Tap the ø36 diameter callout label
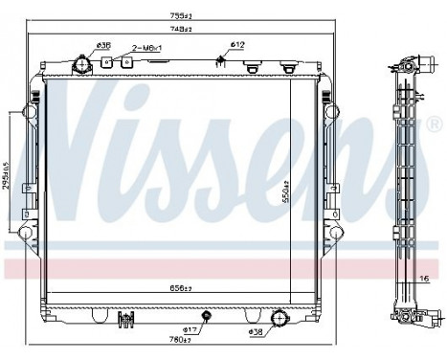coord(103,44)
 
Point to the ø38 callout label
coord(256,331)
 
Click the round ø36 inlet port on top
coord(83,67)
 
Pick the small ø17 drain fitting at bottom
coord(204,315)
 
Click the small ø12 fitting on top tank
coord(222,63)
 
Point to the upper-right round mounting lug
coord(331,109)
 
